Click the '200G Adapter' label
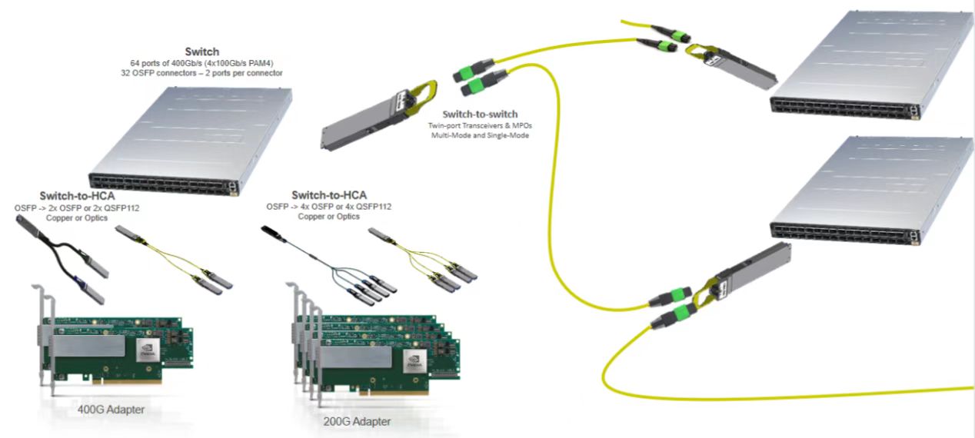(x=358, y=421)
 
